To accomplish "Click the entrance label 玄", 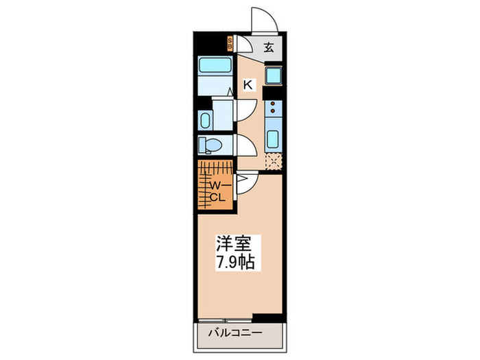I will click(x=269, y=48).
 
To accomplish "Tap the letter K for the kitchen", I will click(x=249, y=85).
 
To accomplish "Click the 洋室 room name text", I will click(x=235, y=243).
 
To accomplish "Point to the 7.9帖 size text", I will click(x=235, y=262).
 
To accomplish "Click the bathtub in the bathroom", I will click(x=215, y=69).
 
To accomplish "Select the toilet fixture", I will click(x=211, y=145).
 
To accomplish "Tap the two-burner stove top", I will click(x=272, y=108).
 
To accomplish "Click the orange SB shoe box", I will click(x=231, y=46).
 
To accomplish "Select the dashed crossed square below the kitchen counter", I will click(x=273, y=163).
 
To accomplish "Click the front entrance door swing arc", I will click(x=263, y=19).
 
